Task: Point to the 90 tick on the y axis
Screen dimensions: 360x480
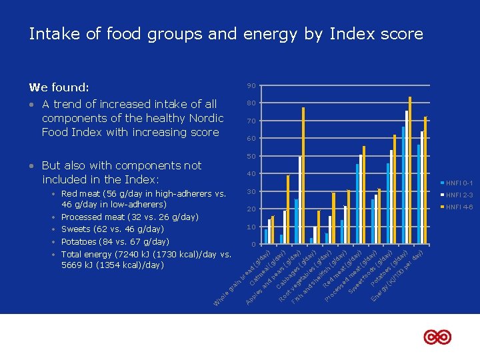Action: pyautogui.click(x=251, y=86)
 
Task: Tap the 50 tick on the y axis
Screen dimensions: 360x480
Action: pyautogui.click(x=251, y=157)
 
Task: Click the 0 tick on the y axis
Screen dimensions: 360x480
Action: pyautogui.click(x=253, y=245)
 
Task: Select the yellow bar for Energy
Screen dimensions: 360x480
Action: pyautogui.click(x=425, y=180)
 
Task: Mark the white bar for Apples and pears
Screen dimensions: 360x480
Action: pyautogui.click(x=300, y=200)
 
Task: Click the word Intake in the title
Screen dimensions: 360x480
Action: pyautogui.click(x=49, y=34)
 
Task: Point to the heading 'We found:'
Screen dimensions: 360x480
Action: pyautogui.click(x=59, y=87)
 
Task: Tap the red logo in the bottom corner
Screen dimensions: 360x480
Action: pyautogui.click(x=437, y=337)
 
